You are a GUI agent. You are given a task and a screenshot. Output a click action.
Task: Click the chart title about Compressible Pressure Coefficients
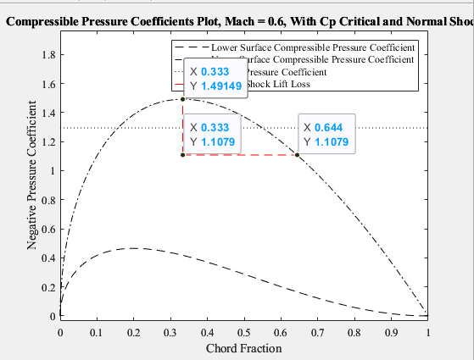pyautogui.click(x=237, y=19)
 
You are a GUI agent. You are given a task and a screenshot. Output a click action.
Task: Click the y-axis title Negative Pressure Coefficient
pyautogui.click(x=32, y=174)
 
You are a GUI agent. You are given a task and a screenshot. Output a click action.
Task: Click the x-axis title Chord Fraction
pyautogui.click(x=244, y=348)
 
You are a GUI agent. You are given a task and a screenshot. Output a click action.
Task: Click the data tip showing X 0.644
pyautogui.click(x=326, y=135)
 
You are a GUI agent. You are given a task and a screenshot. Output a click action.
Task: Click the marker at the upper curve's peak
pyautogui.click(x=183, y=99)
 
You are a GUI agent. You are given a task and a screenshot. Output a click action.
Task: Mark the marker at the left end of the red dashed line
pyautogui.click(x=183, y=155)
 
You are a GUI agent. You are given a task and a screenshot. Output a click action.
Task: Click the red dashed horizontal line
pyautogui.click(x=241, y=155)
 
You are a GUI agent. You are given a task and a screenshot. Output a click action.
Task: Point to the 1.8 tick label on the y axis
pyautogui.click(x=47, y=55)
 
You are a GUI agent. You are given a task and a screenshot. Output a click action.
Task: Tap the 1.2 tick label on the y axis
pyautogui.click(x=47, y=142)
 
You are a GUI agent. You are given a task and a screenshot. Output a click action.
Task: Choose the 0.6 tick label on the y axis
pyautogui.click(x=47, y=230)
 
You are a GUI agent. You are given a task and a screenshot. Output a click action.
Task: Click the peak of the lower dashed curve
pyautogui.click(x=133, y=248)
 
